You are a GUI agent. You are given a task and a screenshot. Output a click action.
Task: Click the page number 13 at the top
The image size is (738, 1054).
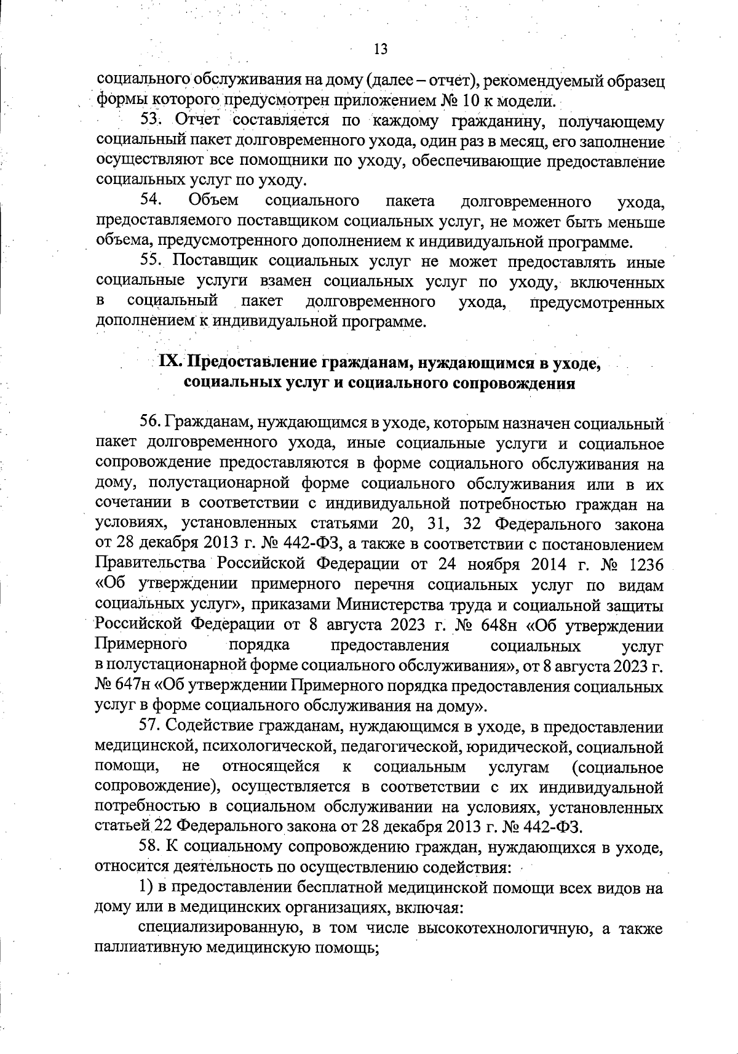(x=380, y=49)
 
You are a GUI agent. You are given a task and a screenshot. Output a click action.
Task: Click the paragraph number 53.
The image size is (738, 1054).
(x=151, y=121)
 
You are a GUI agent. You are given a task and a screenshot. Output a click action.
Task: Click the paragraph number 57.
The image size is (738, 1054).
(x=150, y=727)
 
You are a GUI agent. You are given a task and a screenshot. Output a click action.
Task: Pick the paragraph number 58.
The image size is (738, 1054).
(x=151, y=848)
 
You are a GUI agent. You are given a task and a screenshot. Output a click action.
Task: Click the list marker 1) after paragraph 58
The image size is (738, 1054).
(x=145, y=887)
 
